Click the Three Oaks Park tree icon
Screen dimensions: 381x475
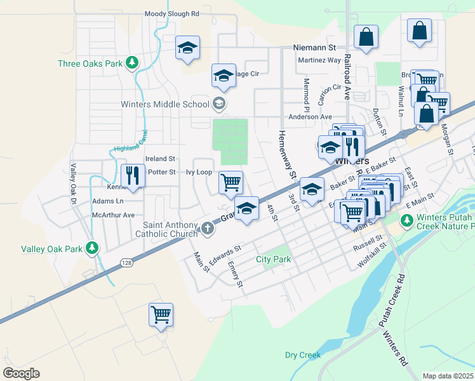pos(131,62)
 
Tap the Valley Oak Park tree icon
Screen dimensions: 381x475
pos(93,248)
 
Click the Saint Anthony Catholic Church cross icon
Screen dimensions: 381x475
pos(208,228)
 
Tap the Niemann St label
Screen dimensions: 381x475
pos(314,48)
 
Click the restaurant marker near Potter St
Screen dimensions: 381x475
pos(133,175)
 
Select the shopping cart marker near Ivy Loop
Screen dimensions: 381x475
pos(231,182)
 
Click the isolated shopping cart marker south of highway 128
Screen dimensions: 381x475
pos(161,314)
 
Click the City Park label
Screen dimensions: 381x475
pos(273,259)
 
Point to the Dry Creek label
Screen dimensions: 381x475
pos(302,355)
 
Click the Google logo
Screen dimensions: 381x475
pos(21,373)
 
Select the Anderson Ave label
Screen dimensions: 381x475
pos(310,117)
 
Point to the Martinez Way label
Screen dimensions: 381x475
pos(319,60)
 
